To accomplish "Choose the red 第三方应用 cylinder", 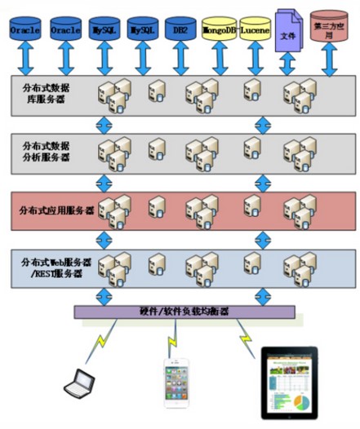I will pos(327,29).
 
